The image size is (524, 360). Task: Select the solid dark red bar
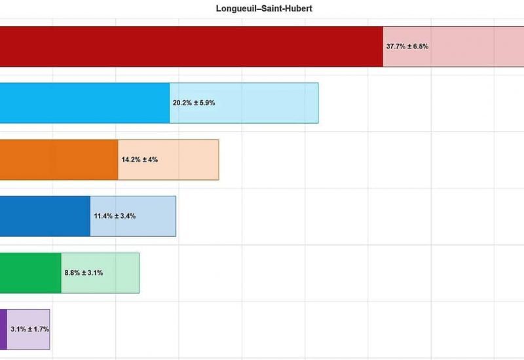point(190,46)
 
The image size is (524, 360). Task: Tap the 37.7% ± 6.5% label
point(407,46)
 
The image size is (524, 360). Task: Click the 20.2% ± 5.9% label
point(194,103)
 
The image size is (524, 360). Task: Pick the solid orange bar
point(59,160)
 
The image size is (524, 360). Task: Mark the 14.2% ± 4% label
point(140,160)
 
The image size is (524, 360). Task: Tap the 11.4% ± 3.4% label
point(115,216)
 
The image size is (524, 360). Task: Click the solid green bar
point(30,272)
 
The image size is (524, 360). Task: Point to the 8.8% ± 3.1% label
point(83,272)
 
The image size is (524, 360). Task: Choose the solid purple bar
point(3,329)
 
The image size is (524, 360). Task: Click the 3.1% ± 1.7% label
point(30,329)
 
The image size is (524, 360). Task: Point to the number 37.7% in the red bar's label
point(396,46)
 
